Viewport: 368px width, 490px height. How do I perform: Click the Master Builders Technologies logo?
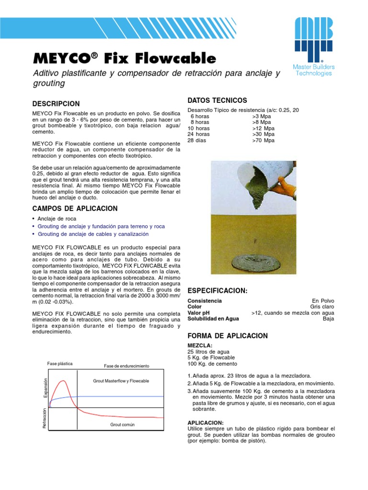[314, 46]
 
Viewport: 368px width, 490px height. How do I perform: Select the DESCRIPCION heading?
[56, 104]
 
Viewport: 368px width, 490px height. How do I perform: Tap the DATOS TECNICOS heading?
[217, 100]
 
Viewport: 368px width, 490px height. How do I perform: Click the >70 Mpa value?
[263, 141]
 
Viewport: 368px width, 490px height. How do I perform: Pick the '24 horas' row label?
[199, 134]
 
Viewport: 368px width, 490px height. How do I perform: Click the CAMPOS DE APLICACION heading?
[74, 209]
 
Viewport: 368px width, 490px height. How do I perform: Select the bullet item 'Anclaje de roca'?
[57, 218]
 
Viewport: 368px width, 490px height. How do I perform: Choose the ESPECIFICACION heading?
[217, 291]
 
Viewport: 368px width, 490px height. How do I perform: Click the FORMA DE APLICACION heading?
[228, 336]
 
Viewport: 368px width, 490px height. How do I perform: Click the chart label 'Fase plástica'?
[60, 364]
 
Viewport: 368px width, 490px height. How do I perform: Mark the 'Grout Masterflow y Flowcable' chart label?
[121, 381]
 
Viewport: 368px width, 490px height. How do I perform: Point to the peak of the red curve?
[62, 381]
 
